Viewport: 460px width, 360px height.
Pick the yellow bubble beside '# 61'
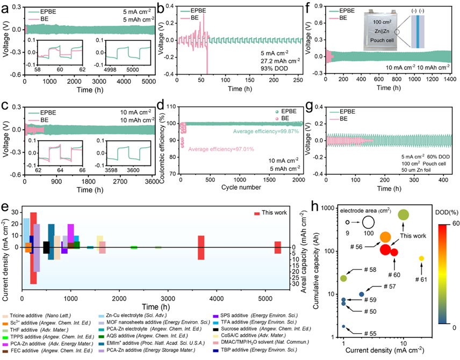421,258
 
